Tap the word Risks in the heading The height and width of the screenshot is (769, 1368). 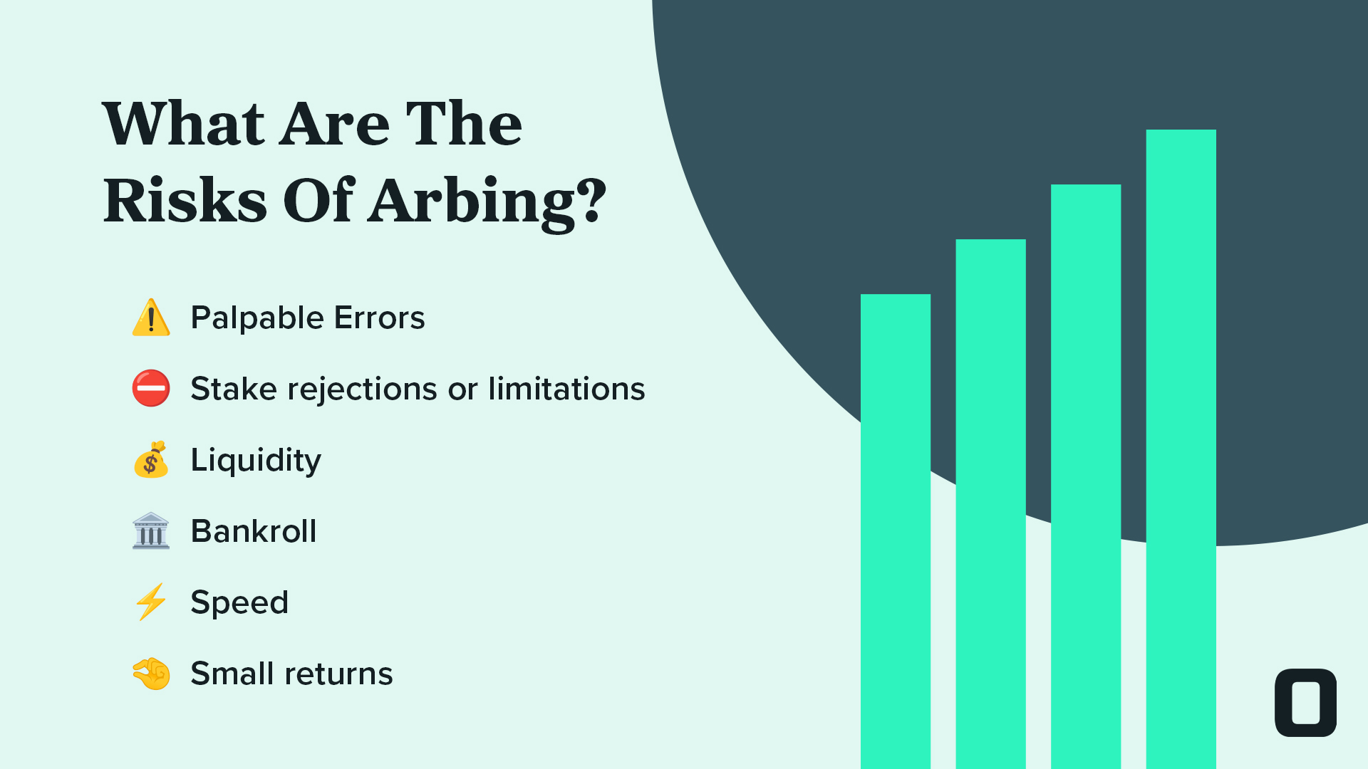[185, 200]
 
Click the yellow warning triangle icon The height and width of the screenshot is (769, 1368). [151, 318]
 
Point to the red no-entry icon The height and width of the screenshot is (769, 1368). [151, 388]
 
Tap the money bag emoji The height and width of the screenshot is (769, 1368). [151, 459]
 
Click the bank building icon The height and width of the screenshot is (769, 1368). [151, 531]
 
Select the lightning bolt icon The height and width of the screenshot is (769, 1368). [151, 602]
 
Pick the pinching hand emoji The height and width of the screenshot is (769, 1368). [151, 674]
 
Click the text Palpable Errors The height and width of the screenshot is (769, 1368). [308, 318]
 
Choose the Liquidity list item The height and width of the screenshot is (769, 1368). [256, 461]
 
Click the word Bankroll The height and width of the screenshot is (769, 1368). [254, 531]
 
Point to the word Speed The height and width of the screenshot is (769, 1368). [239, 603]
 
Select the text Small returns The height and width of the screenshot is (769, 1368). [291, 674]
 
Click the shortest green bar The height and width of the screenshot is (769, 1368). [896, 531]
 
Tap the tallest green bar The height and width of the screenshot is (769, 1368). [1181, 449]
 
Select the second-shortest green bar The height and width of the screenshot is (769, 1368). [991, 504]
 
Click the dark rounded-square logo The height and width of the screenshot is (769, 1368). [1305, 703]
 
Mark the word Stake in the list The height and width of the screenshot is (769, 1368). [234, 389]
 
